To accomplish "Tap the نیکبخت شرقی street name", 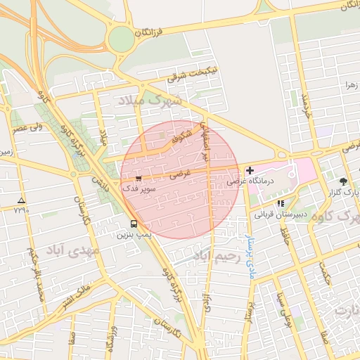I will pyautogui.click(x=191, y=72).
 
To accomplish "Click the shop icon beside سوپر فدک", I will pyautogui.click(x=138, y=179).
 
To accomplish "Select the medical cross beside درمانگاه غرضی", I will pyautogui.click(x=250, y=170).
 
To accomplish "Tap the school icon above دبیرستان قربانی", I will pyautogui.click(x=281, y=203).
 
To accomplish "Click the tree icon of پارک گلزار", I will pyautogui.click(x=343, y=181).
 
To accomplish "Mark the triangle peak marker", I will pyautogui.click(x=21, y=200).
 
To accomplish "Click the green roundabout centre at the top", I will pyautogui.click(x=120, y=38).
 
